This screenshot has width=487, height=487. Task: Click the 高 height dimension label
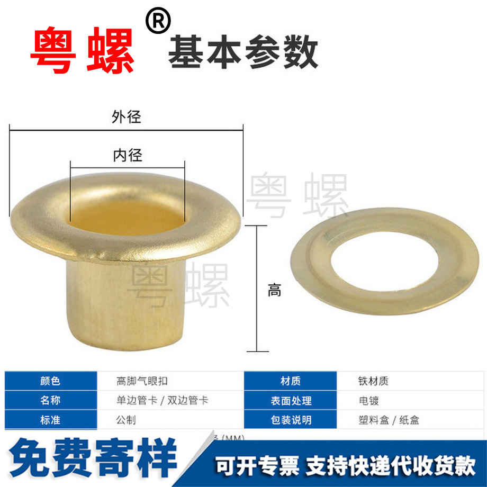tap(274, 290)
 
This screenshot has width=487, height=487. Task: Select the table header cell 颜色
tap(51, 381)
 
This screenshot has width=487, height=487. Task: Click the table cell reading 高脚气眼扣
tap(142, 381)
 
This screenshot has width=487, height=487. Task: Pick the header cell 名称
tap(51, 400)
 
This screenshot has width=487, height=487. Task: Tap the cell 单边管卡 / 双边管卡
tap(162, 400)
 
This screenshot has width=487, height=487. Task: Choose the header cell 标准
tap(51, 420)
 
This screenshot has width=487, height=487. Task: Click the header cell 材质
tap(290, 381)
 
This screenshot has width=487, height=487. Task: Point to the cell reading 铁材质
tap(373, 381)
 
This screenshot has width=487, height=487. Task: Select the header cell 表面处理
tap(290, 400)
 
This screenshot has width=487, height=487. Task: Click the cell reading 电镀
tap(368, 400)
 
